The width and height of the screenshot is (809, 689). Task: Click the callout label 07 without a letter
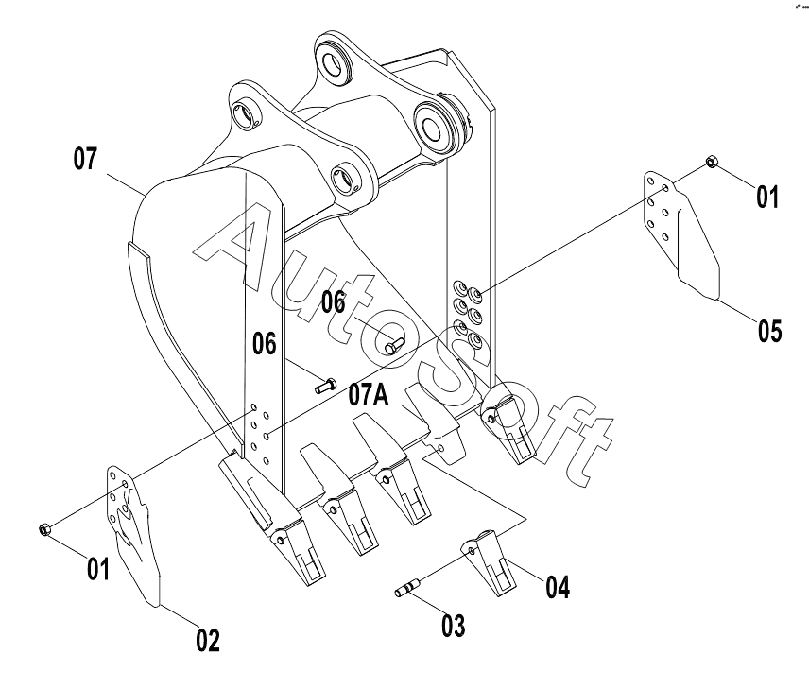coord(85,159)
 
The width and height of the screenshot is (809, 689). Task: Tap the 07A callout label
coord(369,395)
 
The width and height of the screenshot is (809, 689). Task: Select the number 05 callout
coord(769,330)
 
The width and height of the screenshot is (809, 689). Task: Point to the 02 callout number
coord(208,640)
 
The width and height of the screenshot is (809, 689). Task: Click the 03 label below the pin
coord(453,626)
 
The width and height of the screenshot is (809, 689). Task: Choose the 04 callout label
coord(558,587)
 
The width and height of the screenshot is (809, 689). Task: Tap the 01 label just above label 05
coord(767,198)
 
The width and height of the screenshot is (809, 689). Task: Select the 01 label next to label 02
coord(98,569)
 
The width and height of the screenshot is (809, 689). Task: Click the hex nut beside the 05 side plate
coord(711,162)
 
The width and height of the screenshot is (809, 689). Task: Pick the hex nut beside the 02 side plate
coord(44,529)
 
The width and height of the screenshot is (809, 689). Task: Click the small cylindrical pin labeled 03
coord(406,590)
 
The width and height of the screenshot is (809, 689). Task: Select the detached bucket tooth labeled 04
coord(488,562)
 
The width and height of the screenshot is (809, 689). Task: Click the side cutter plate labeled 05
coord(680,234)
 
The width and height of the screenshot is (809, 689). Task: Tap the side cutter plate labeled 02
coord(133,535)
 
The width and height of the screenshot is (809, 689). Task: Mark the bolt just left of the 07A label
coord(325,386)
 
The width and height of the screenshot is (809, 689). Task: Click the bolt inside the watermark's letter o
coord(394,345)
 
